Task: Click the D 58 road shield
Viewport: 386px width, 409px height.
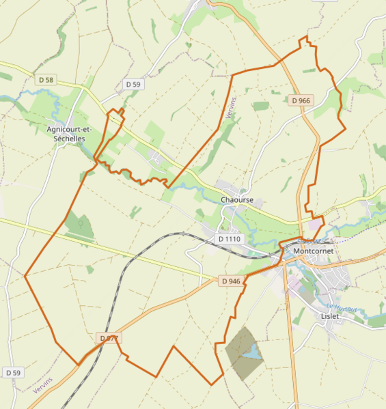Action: click(x=46, y=80)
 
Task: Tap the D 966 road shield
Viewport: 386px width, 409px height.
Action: click(x=301, y=100)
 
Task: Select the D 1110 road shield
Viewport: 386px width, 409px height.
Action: click(x=229, y=239)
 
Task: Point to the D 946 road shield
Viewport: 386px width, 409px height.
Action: click(x=231, y=281)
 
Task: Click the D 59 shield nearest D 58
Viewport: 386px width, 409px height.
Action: click(x=133, y=84)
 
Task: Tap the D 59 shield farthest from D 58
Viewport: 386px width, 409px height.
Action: click(x=13, y=372)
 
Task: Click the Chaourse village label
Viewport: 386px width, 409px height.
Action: click(x=237, y=200)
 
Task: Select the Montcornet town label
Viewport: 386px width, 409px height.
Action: click(x=313, y=251)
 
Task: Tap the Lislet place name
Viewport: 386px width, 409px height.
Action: click(x=329, y=316)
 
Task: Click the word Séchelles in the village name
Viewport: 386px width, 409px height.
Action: click(x=69, y=138)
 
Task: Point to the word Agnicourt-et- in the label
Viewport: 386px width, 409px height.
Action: click(x=69, y=129)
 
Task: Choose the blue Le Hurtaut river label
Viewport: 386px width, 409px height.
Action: click(x=342, y=308)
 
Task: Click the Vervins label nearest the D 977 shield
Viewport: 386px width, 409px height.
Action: click(x=42, y=385)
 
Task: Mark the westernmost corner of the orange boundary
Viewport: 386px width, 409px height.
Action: click(x=25, y=276)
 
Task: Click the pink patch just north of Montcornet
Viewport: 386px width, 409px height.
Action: click(x=316, y=224)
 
